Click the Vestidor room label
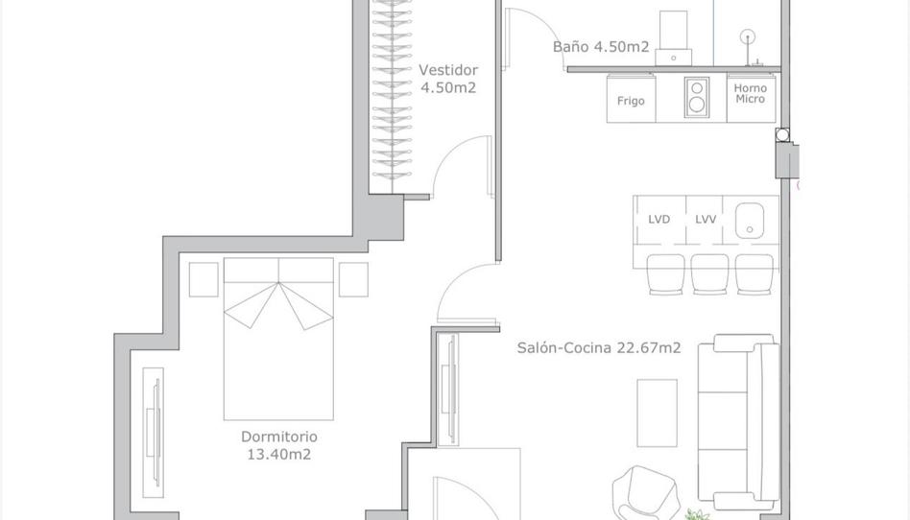(447, 70)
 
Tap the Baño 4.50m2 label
(601, 47)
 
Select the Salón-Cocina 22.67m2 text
(599, 348)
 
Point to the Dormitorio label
(286, 437)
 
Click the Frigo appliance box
(631, 100)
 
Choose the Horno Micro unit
(751, 94)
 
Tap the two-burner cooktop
(696, 97)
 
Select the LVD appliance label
(659, 219)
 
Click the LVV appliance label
(706, 219)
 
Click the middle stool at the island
(709, 273)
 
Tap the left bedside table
(204, 279)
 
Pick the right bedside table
(353, 279)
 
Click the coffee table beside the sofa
(658, 413)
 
